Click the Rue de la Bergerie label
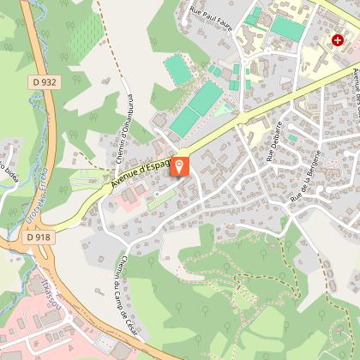309,175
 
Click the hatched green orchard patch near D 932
85,35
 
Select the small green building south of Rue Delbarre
292,137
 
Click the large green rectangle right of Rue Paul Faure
289,29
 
